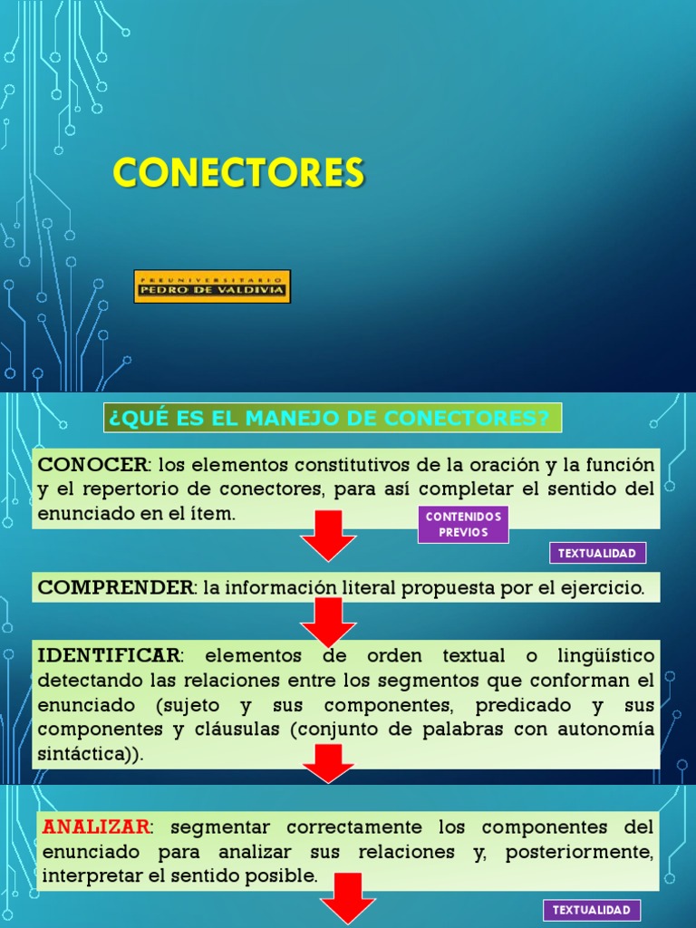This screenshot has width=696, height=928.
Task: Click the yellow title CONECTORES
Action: click(238, 172)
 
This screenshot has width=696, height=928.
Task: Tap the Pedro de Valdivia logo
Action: click(212, 285)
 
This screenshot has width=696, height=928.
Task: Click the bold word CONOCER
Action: click(92, 465)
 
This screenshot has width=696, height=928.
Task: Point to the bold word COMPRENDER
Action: click(115, 587)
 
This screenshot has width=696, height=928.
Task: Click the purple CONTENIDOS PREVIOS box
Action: click(463, 525)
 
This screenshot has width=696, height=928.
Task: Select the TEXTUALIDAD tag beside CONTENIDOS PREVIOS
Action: click(597, 553)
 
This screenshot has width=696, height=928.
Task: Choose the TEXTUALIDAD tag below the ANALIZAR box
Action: click(592, 911)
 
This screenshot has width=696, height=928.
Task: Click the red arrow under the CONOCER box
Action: click(328, 536)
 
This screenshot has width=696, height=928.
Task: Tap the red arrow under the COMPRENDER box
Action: click(328, 622)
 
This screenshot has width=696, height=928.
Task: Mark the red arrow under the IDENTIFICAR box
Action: click(328, 764)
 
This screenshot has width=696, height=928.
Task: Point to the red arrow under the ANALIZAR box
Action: click(348, 898)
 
